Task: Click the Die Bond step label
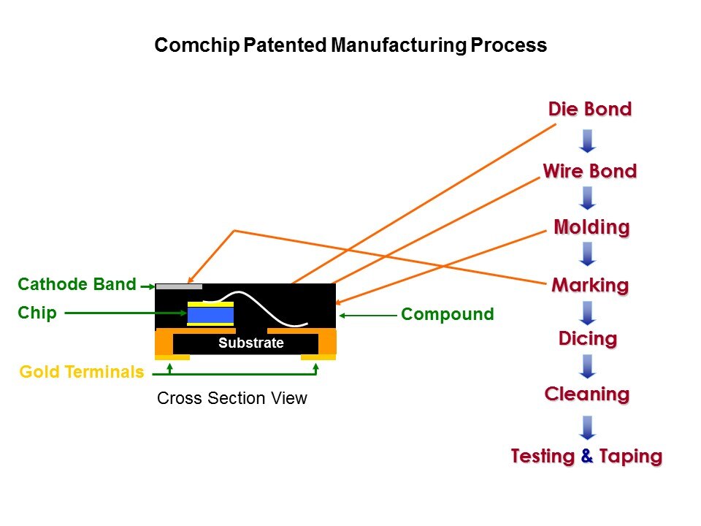590,110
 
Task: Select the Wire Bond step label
590,172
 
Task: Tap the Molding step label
591,227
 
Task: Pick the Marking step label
590,285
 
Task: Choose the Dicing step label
588,339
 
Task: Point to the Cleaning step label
587,394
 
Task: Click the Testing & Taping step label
586,457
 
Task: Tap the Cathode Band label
77,284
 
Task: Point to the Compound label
447,315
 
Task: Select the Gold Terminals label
82,372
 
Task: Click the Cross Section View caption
232,399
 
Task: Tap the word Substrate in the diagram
250,343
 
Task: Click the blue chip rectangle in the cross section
210,315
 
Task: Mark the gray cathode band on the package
179,286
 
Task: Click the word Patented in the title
285,45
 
